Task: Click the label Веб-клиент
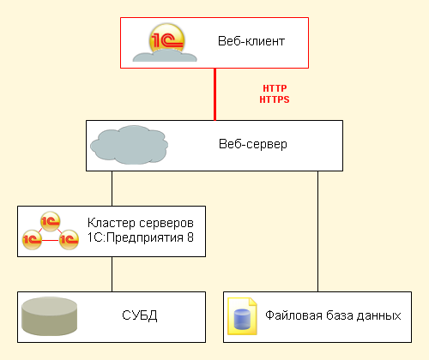coord(251,41)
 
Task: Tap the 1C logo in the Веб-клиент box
coord(166,39)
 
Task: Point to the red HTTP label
coord(275,88)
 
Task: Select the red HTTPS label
coord(275,99)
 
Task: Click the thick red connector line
coord(214,94)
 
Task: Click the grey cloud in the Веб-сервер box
coord(129,145)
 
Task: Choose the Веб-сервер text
coord(253,144)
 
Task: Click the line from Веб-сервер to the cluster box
coord(112,189)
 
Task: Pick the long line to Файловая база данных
coord(317,231)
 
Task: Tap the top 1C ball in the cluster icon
coord(50,221)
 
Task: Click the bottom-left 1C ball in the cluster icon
coord(32,239)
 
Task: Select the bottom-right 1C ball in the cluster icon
coord(69,239)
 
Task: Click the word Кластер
coord(112,223)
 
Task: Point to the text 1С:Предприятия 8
coord(141,237)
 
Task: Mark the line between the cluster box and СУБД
coord(112,274)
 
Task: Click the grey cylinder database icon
coord(50,316)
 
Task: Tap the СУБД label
coord(140,315)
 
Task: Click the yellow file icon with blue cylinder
coord(242,316)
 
